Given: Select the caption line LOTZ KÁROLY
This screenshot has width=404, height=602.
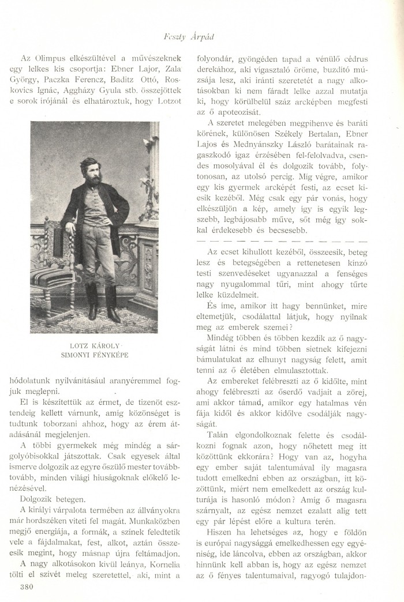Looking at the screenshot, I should point(94,345).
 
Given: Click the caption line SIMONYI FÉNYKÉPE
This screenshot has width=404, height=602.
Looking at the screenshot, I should point(94,355).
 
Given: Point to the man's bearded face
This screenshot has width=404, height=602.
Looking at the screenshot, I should point(90,171).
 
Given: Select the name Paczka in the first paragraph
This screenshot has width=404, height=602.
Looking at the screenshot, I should point(70,79).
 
